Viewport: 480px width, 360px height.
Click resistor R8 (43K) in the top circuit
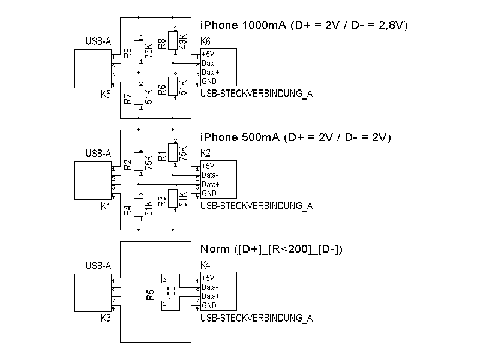click(x=173, y=41)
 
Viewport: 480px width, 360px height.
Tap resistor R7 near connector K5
click(x=139, y=95)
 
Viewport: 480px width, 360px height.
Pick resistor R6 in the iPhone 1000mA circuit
click(x=173, y=86)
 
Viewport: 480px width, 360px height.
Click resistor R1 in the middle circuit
click(x=173, y=153)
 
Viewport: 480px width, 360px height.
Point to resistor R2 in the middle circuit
click(x=139, y=162)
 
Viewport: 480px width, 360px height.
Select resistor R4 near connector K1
click(x=139, y=208)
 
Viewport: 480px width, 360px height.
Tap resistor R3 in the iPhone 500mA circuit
click(x=173, y=199)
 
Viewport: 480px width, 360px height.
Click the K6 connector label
click(x=205, y=42)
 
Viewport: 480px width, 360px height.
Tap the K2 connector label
click(x=205, y=154)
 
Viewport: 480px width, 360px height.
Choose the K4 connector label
click(x=205, y=265)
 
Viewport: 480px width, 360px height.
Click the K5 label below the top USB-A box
click(x=106, y=94)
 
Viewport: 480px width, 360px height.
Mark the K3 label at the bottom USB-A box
click(x=106, y=317)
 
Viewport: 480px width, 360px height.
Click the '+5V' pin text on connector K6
click(x=208, y=55)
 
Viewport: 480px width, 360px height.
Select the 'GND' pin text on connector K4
click(x=209, y=305)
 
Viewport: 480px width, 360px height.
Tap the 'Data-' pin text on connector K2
click(x=209, y=175)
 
